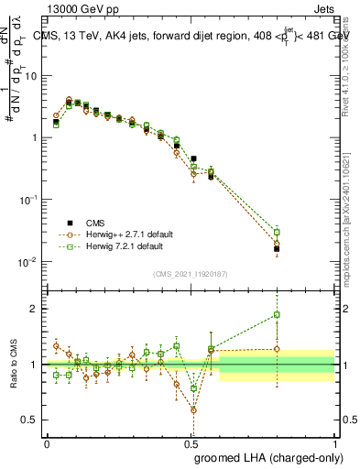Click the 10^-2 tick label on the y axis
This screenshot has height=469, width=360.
coord(28,262)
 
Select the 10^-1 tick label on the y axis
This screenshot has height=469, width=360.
coord(28,200)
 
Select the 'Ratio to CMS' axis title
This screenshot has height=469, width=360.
coord(12,364)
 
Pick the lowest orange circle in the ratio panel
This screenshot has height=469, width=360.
coord(193,409)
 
